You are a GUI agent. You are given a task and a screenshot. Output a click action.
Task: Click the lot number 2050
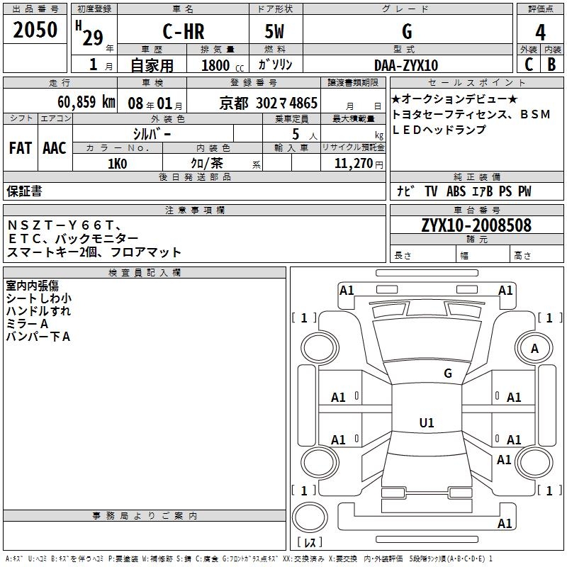35,30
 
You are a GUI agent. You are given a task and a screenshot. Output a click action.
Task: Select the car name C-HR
183,32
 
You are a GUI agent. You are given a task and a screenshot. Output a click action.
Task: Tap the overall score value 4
541,32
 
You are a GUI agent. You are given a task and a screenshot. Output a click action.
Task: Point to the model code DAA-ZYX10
406,65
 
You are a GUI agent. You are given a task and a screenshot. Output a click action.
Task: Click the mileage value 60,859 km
79,101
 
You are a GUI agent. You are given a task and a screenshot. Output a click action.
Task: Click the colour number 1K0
117,164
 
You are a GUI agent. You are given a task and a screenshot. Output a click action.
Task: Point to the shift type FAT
20,147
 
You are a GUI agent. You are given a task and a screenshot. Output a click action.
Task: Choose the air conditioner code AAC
55,147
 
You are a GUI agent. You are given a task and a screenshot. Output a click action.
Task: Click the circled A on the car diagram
534,348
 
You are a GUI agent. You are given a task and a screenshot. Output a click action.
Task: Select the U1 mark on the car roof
427,422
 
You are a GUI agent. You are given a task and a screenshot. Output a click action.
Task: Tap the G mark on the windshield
447,373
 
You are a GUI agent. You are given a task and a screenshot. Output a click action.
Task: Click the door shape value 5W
276,32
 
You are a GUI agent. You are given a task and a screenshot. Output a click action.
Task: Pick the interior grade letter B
551,64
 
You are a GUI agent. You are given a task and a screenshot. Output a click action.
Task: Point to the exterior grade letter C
528,64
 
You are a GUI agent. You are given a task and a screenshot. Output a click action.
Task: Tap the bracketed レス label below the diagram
309,542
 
